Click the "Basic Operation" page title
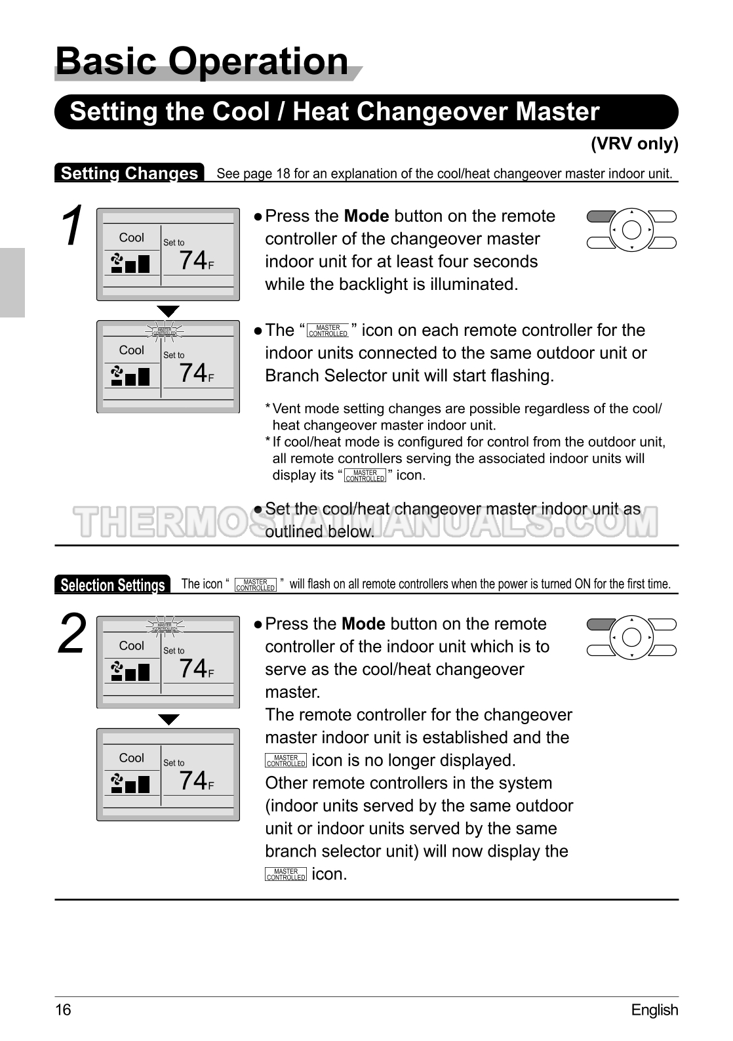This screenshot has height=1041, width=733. pyautogui.click(x=202, y=62)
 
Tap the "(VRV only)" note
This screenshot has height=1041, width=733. pyautogui.click(x=634, y=144)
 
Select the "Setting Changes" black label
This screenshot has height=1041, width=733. pyautogui.click(x=129, y=173)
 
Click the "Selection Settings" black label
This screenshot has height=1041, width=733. pyautogui.click(x=112, y=584)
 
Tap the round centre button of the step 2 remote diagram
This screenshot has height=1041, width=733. pyautogui.click(x=631, y=638)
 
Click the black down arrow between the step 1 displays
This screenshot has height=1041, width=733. pyautogui.click(x=168, y=311)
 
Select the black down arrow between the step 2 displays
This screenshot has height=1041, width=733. pyautogui.click(x=168, y=720)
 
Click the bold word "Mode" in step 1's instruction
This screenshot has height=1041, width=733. pyautogui.click(x=366, y=216)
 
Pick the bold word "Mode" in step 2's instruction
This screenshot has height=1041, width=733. pyautogui.click(x=363, y=624)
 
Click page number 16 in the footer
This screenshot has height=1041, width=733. pyautogui.click(x=63, y=1010)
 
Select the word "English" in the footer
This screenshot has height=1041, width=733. pyautogui.click(x=654, y=1010)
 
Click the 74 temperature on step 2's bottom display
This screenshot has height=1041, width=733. pyautogui.click(x=193, y=781)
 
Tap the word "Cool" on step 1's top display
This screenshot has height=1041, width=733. pyautogui.click(x=131, y=237)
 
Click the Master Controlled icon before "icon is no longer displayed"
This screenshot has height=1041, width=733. pyautogui.click(x=286, y=761)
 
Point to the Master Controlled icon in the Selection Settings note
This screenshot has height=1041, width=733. pyautogui.click(x=255, y=585)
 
